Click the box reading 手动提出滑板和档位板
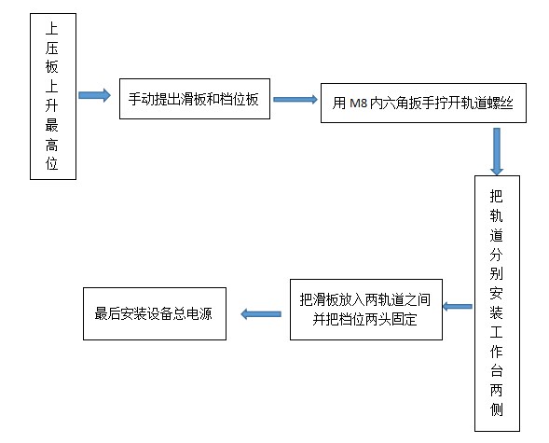(x=199, y=98)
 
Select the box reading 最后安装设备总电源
(x=154, y=314)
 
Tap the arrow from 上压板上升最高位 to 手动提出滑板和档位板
(x=94, y=95)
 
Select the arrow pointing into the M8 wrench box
(x=294, y=98)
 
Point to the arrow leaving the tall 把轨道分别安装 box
(x=457, y=305)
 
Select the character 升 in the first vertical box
(x=52, y=102)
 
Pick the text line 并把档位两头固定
(x=364, y=320)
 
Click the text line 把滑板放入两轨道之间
(x=364, y=299)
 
